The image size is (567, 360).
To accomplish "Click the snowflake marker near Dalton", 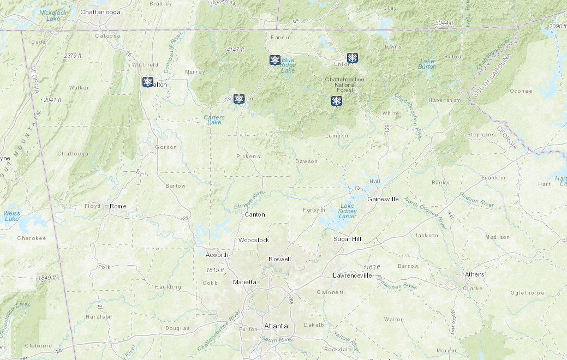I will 147,82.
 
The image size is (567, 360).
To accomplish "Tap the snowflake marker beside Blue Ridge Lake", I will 275,60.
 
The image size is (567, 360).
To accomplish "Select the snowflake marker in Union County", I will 353,58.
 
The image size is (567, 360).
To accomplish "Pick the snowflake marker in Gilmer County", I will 238,99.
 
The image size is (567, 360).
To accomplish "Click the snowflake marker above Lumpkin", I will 337,101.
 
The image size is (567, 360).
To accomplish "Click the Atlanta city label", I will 276,326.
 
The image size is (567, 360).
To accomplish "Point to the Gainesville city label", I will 383,199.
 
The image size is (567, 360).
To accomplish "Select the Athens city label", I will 474,274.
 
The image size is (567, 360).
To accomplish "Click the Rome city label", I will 118,206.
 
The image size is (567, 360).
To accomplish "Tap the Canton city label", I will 255,214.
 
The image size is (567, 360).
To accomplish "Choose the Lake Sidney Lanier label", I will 347,211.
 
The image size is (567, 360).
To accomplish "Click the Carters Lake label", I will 214,119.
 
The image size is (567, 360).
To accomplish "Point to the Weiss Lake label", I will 11,216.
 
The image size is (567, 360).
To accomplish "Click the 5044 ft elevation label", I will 444,23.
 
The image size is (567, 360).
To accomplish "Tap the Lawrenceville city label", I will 353,275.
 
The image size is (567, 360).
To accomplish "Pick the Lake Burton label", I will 427,64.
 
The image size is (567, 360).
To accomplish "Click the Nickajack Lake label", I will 53,15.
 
